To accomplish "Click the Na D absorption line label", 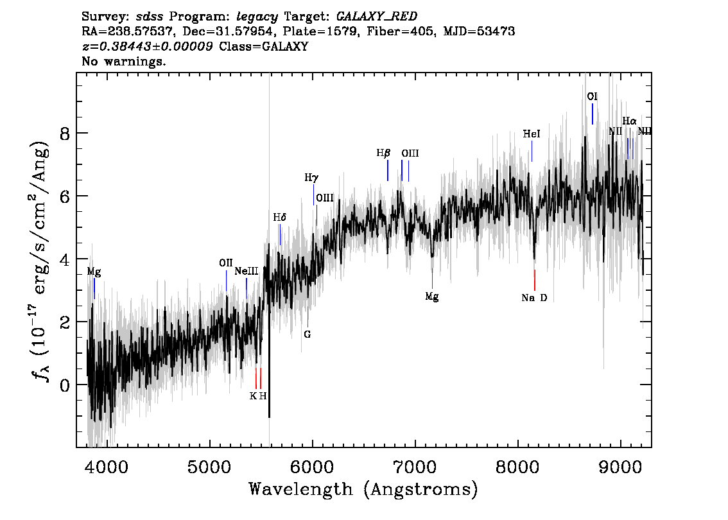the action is tap(534, 298).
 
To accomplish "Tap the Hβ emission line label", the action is tap(383, 153).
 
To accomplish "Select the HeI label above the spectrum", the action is tap(532, 134).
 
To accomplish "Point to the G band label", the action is tap(308, 334).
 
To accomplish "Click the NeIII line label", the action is tap(246, 271).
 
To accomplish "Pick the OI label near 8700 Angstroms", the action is tap(593, 96).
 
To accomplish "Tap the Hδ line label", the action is tap(279, 217).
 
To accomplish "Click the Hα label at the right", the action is tap(629, 121).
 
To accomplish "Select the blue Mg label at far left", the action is tap(94, 272).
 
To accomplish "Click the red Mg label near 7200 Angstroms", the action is tap(432, 297).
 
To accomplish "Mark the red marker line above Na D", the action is tap(535, 280).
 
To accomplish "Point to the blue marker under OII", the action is tap(227, 281).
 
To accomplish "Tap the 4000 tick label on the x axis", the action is tap(107, 467).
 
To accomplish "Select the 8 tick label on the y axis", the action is tap(65, 134).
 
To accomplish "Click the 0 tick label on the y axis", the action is tap(65, 385).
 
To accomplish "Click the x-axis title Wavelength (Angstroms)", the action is tap(363, 490).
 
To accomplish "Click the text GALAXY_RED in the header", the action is tap(377, 17).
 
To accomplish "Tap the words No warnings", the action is tap(123, 61).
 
